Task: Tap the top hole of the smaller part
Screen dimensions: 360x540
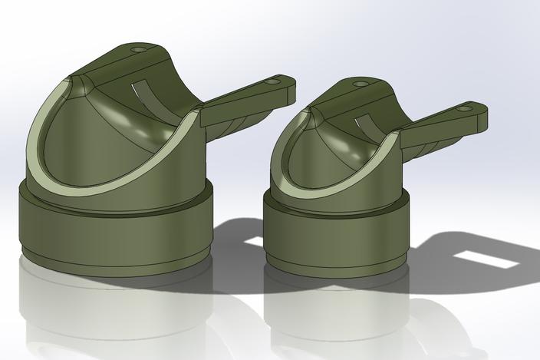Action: pyautogui.click(x=360, y=83)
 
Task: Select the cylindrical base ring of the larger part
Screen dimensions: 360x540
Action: pyautogui.click(x=115, y=230)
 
